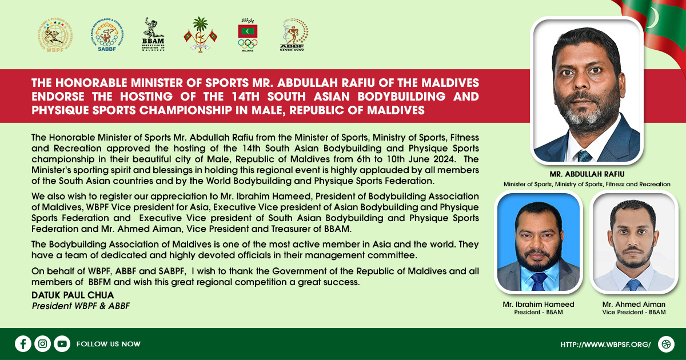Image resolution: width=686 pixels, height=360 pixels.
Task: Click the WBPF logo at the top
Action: pyautogui.click(x=55, y=35)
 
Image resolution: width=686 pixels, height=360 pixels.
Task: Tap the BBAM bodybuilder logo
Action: pyautogui.click(x=153, y=34)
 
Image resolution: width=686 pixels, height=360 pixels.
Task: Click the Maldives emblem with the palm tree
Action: pyautogui.click(x=201, y=35)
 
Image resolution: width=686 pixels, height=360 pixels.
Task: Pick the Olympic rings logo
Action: pyautogui.click(x=248, y=35)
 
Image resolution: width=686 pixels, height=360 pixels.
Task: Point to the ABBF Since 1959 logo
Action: pyautogui.click(x=293, y=34)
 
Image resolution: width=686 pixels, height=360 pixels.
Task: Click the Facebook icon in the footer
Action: pyautogui.click(x=23, y=344)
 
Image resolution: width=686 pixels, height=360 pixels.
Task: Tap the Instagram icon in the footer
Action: pyautogui.click(x=42, y=344)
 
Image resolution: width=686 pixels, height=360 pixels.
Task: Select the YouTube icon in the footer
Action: pyautogui.click(x=62, y=344)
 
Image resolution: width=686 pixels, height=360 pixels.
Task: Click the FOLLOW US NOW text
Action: pyautogui.click(x=109, y=344)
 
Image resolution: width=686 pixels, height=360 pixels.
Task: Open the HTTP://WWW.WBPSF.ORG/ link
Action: pyautogui.click(x=605, y=345)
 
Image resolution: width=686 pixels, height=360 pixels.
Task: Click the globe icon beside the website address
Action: pyautogui.click(x=666, y=344)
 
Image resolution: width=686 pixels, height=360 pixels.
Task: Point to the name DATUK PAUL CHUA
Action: pyautogui.click(x=73, y=295)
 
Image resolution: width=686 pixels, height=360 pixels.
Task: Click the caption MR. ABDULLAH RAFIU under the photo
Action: pyautogui.click(x=587, y=174)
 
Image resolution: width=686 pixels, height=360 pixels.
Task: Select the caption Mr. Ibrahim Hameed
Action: pyautogui.click(x=539, y=304)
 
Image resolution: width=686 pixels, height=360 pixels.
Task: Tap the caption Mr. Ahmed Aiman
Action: pyautogui.click(x=633, y=304)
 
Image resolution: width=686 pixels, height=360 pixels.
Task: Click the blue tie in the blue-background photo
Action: pyautogui.click(x=539, y=282)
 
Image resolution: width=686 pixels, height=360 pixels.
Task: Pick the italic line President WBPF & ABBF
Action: pyautogui.click(x=81, y=306)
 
